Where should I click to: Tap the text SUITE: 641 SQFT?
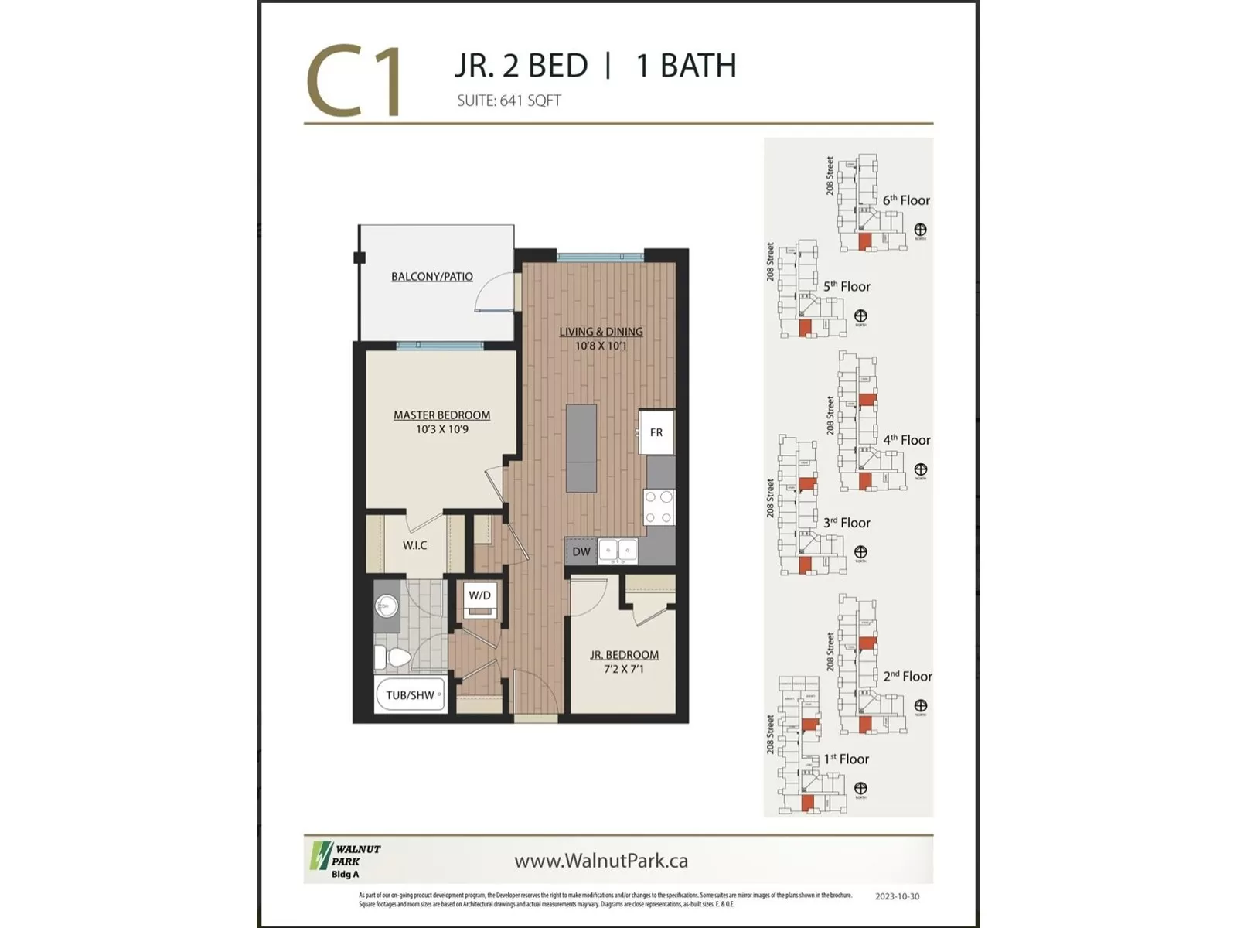tap(508, 101)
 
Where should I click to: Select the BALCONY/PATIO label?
tap(431, 276)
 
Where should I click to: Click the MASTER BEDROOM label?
tap(441, 415)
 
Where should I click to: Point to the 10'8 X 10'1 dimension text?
tap(601, 346)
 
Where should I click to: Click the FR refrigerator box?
tap(656, 432)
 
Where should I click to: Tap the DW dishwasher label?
tap(581, 551)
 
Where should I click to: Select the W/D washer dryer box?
tap(479, 596)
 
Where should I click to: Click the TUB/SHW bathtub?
tap(411, 695)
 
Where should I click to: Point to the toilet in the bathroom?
tap(395, 659)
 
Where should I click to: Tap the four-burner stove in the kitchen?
tap(659, 508)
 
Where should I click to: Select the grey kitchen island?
tap(581, 448)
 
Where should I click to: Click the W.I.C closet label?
tap(414, 545)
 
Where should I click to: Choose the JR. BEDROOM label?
tap(624, 655)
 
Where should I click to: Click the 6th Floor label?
tap(906, 200)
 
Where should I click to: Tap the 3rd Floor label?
tap(847, 523)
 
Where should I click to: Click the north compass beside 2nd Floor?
tap(920, 706)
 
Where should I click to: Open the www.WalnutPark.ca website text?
tap(601, 861)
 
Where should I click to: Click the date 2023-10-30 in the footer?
tap(897, 896)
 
